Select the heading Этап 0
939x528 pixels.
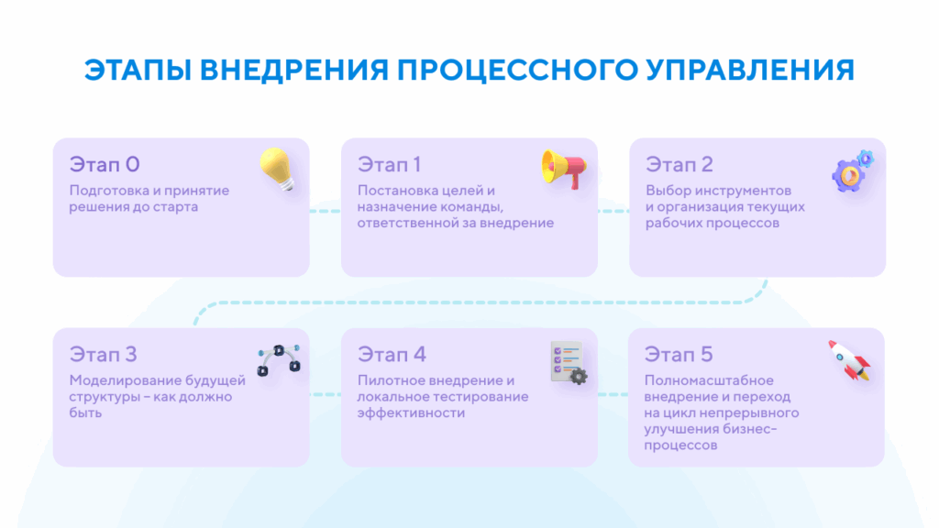tap(105, 165)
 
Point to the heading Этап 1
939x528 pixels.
tap(390, 165)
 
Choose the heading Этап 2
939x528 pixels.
tap(679, 165)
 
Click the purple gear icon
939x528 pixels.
tap(852, 171)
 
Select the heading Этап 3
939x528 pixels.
tap(104, 355)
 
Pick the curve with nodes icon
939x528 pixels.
tap(278, 360)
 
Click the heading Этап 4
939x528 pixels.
tap(392, 355)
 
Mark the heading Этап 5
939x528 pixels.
tap(679, 355)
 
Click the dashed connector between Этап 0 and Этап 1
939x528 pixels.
tap(325, 212)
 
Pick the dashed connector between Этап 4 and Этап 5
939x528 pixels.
tap(613, 395)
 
